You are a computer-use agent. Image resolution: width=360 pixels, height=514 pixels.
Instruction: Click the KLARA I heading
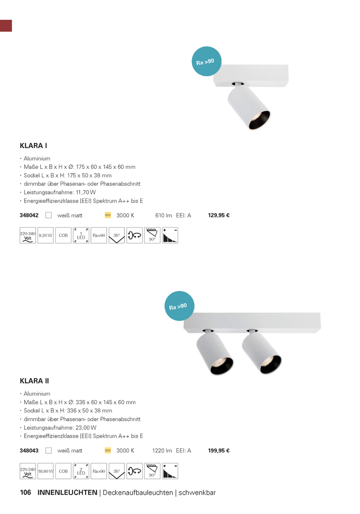33,146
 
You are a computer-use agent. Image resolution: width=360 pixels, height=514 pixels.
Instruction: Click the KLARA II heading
35,381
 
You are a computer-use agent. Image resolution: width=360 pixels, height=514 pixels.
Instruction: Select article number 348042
29,216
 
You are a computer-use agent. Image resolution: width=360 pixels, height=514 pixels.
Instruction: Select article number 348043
29,451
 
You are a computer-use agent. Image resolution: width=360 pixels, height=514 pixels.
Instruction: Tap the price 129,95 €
219,216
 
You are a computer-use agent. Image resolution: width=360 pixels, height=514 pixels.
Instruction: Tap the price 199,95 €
219,451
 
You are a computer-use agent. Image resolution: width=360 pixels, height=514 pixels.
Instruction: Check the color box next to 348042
49,215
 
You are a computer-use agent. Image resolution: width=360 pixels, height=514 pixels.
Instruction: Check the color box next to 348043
49,450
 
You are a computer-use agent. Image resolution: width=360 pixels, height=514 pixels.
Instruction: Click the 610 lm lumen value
163,216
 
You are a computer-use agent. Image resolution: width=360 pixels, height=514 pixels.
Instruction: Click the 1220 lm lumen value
162,451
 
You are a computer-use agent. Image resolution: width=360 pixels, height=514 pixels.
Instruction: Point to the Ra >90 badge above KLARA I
207,61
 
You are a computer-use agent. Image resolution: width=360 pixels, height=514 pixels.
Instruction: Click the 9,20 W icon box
45,235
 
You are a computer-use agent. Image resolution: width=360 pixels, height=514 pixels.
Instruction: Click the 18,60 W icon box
45,471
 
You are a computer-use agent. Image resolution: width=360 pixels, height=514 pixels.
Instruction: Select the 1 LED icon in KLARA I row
81,235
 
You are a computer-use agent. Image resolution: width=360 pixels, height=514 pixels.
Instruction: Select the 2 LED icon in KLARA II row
81,471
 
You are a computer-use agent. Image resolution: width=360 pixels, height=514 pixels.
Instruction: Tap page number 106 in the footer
25,493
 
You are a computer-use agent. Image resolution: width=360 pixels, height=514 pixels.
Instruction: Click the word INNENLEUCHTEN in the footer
67,493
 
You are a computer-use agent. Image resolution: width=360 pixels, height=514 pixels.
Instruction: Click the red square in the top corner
6,25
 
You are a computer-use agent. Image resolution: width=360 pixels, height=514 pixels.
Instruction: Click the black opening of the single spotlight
259,121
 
